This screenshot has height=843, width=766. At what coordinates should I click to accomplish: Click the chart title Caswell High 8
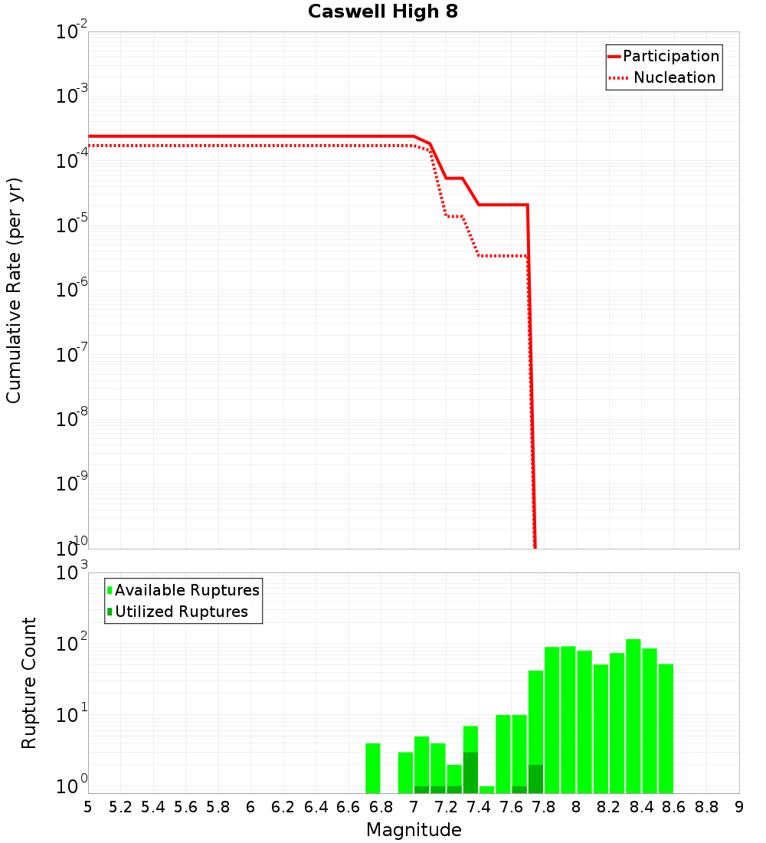[383, 12]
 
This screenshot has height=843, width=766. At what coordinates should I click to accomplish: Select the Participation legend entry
[670, 57]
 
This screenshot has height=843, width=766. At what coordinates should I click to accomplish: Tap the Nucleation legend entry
[674, 78]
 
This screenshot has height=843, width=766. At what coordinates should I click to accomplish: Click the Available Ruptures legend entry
[187, 590]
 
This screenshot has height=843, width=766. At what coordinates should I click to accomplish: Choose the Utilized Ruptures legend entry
[182, 612]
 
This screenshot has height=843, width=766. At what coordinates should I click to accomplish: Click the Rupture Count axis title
[29, 682]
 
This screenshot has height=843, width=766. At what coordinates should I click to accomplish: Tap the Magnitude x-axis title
[414, 830]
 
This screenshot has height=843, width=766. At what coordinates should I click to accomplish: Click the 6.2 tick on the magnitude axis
[283, 807]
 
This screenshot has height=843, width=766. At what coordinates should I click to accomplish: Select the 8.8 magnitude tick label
[706, 807]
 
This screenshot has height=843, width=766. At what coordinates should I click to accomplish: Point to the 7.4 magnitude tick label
[479, 807]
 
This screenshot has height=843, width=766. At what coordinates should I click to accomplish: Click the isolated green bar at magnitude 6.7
[373, 768]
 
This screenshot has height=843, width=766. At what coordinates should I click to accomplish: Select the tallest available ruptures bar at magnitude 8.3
[633, 716]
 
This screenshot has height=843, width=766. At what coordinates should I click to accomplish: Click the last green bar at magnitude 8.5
[666, 728]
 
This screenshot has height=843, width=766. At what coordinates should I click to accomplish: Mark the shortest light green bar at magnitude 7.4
[487, 789]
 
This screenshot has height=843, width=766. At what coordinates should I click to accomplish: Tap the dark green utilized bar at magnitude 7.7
[535, 779]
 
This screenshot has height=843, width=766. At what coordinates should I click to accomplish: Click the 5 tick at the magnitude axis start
[88, 807]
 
